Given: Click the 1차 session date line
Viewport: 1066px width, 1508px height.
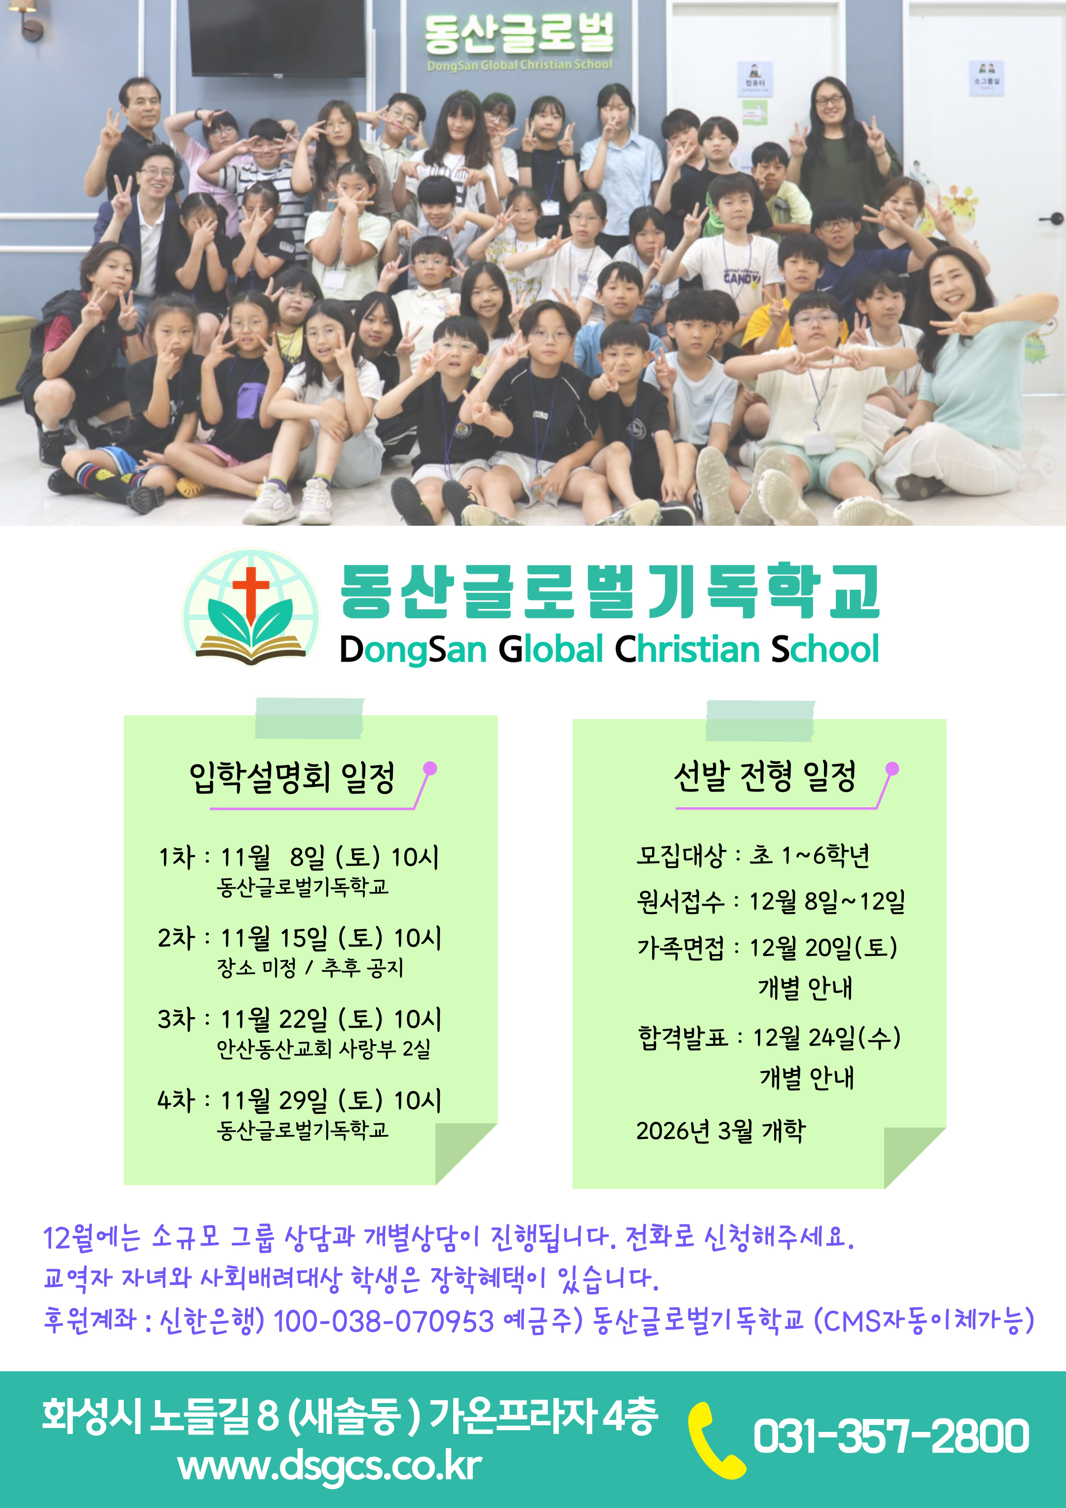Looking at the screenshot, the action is click(x=299, y=857).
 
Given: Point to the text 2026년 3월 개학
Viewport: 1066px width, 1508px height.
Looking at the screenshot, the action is click(x=720, y=1130).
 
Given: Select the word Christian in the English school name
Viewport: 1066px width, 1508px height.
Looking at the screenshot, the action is click(x=687, y=649).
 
